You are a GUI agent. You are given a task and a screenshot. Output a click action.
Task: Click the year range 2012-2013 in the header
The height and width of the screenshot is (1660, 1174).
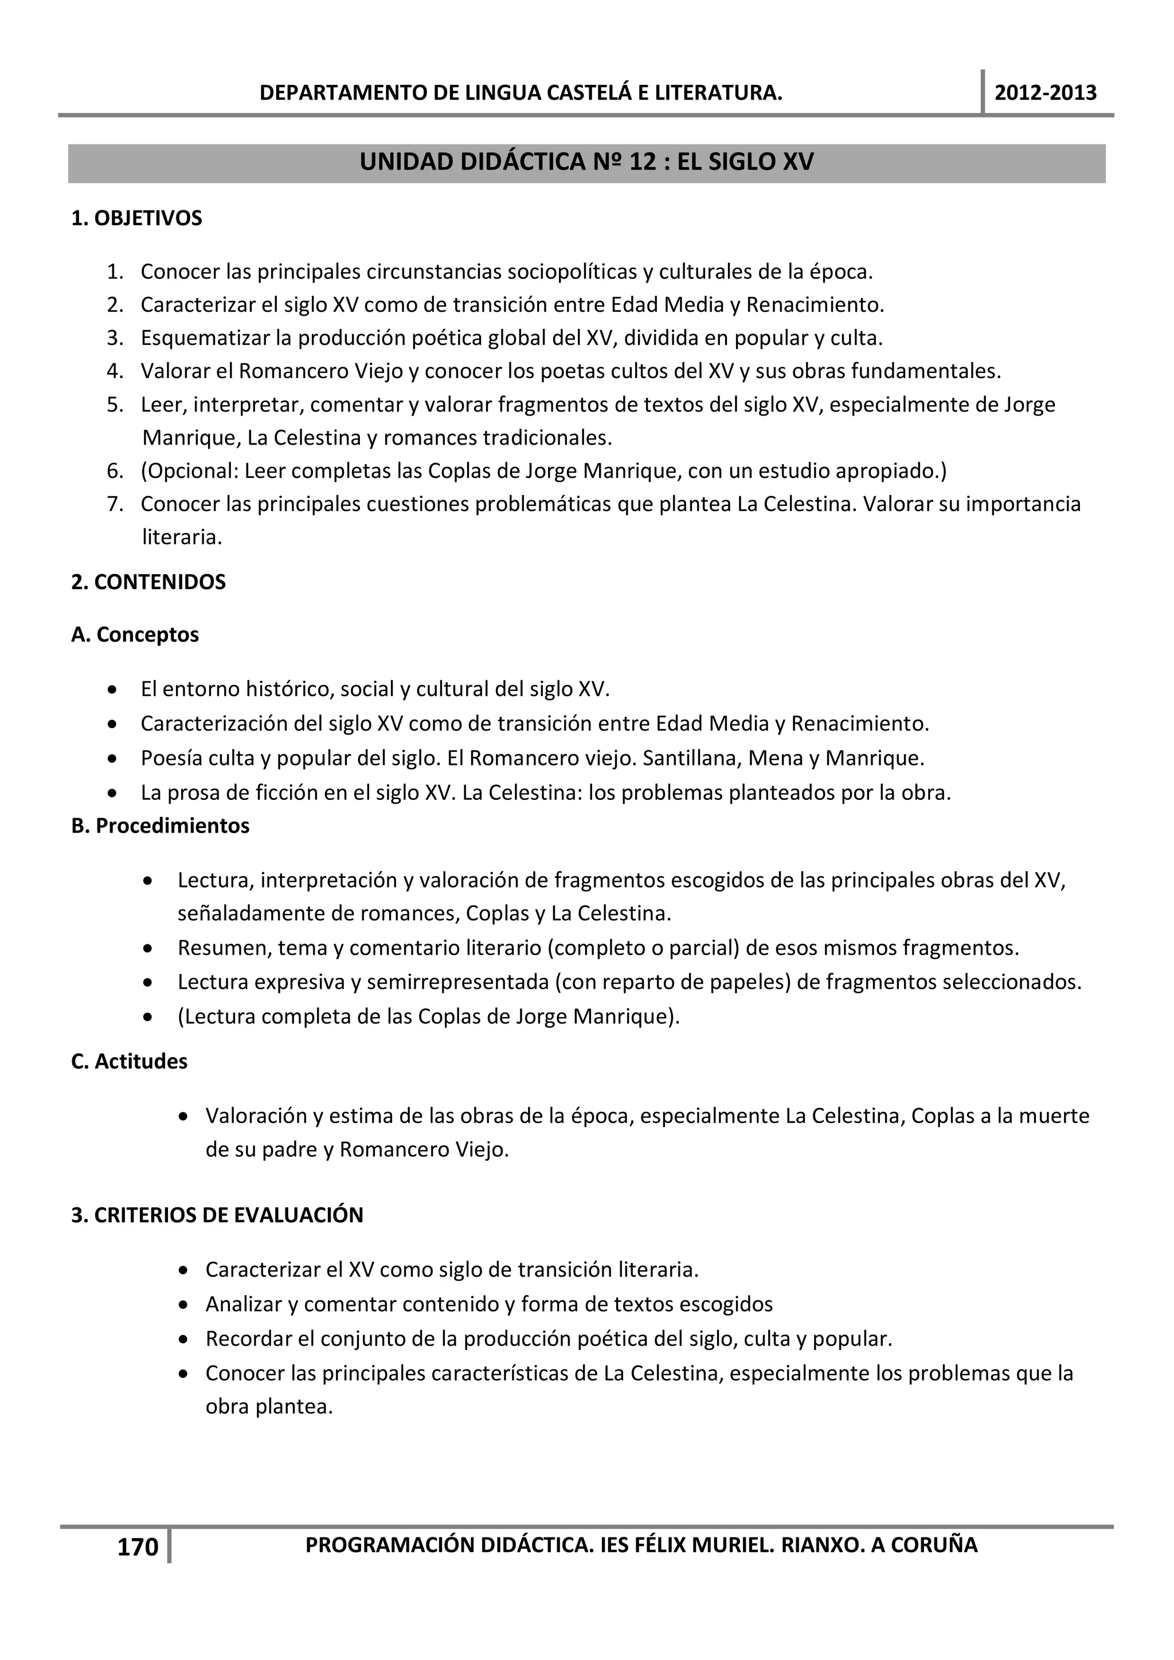pyautogui.click(x=1045, y=93)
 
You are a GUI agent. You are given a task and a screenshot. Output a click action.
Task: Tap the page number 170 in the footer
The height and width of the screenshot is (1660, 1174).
pyautogui.click(x=138, y=1547)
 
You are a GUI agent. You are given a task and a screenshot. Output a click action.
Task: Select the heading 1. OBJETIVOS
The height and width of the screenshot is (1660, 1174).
pyautogui.click(x=136, y=218)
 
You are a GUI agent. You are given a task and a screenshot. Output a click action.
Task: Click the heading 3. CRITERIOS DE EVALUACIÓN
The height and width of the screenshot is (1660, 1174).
pyautogui.click(x=217, y=1215)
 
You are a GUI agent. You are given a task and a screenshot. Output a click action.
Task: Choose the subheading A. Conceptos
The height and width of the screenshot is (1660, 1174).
pyautogui.click(x=135, y=634)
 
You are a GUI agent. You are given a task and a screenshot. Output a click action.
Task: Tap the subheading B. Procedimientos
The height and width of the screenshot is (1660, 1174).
pyautogui.click(x=161, y=825)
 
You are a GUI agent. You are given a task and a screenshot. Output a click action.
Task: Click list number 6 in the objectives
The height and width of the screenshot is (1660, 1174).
pyautogui.click(x=115, y=472)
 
